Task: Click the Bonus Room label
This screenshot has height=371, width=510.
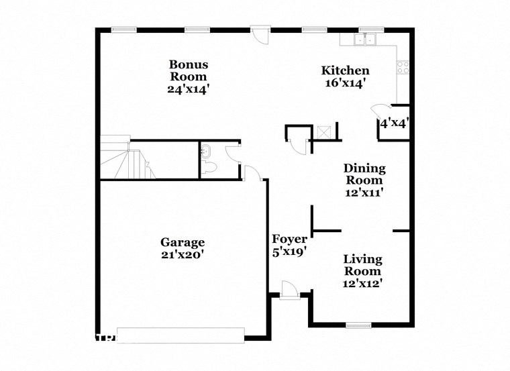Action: click(189, 70)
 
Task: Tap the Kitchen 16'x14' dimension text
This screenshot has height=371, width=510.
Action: click(346, 84)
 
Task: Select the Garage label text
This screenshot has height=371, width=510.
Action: click(182, 242)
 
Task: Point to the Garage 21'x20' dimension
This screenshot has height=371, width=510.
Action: click(182, 254)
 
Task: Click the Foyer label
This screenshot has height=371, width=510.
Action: click(289, 240)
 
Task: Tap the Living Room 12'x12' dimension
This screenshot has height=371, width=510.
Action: click(363, 283)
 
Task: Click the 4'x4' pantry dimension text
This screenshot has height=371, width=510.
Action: click(395, 123)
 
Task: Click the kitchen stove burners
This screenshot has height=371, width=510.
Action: click(403, 66)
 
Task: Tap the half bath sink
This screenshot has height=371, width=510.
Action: click(207, 150)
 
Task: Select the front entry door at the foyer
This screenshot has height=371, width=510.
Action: click(289, 290)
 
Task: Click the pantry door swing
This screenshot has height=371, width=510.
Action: click(380, 111)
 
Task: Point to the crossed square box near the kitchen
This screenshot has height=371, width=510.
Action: click(323, 131)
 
